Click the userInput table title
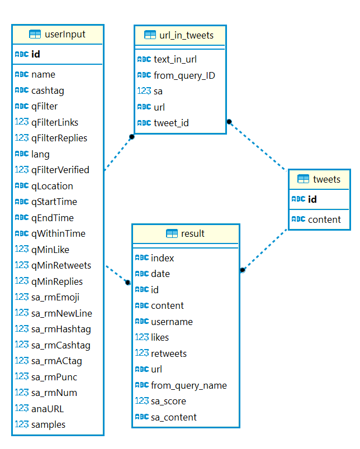(64, 34)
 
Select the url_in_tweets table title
(186, 35)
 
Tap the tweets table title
(326, 179)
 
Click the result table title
(193, 233)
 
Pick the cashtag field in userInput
(48, 90)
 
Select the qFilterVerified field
(60, 170)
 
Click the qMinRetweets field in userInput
(61, 265)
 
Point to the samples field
(48, 424)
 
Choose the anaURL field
(48, 409)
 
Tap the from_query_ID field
(184, 75)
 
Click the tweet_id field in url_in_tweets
(171, 123)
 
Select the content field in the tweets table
(324, 219)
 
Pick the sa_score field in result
(168, 401)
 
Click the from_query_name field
(188, 385)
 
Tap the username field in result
(172, 322)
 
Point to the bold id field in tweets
(312, 199)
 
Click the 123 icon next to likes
(142, 337)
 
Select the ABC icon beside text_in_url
(144, 59)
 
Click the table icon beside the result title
(172, 233)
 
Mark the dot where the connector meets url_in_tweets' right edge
(229, 121)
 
